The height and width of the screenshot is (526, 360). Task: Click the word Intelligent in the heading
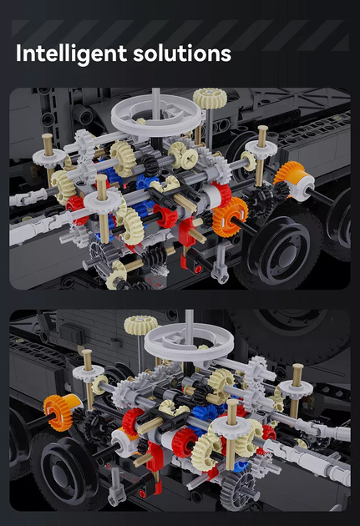[71, 53]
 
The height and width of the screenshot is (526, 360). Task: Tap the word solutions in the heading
[182, 53]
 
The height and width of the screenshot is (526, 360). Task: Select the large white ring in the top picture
[157, 116]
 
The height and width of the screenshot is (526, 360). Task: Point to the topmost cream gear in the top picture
[210, 98]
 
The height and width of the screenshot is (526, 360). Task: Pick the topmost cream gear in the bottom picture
[141, 325]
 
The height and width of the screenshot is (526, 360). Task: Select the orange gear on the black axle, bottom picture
[58, 412]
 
